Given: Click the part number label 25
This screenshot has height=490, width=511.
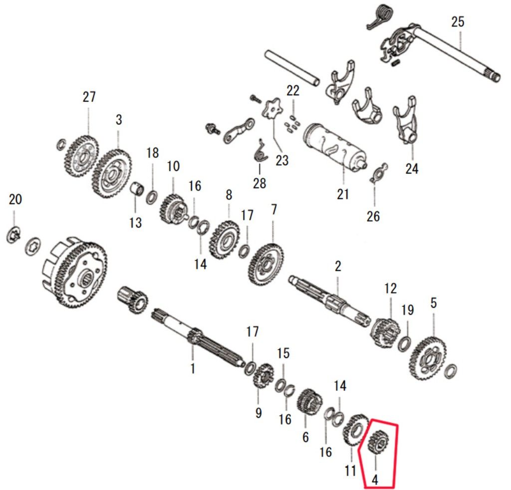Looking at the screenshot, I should (457, 22).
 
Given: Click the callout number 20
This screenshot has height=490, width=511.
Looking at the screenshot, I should (15, 200).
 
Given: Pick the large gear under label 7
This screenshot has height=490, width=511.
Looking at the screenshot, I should (266, 263).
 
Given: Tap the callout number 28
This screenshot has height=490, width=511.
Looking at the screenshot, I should (259, 184).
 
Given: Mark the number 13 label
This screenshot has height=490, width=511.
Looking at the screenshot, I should (135, 223).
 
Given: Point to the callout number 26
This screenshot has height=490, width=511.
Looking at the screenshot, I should (373, 216).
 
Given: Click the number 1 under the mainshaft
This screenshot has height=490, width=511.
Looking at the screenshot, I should (193, 368).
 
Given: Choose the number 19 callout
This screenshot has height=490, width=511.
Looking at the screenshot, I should (407, 310).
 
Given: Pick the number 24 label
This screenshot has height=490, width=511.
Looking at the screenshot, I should (411, 169).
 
